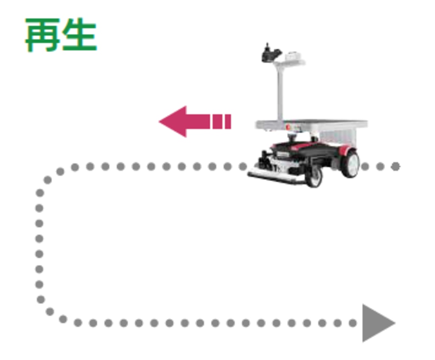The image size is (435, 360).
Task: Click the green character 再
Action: pyautogui.click(x=42, y=35)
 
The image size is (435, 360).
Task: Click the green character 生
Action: pyautogui.click(x=79, y=35)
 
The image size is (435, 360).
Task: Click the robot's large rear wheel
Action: pyautogui.click(x=350, y=163)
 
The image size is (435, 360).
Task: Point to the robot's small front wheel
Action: pyautogui.click(x=314, y=177)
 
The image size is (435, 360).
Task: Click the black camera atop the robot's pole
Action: pyautogui.click(x=270, y=53)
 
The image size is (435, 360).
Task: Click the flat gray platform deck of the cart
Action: pyautogui.click(x=311, y=124)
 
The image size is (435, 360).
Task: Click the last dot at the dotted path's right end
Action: pyautogui.click(x=395, y=166)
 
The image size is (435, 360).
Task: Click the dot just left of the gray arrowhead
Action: pyautogui.click(x=353, y=323)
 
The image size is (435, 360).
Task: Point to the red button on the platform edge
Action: pyautogui.click(x=288, y=127)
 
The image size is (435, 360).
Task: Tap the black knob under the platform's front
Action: pyautogui.click(x=292, y=136)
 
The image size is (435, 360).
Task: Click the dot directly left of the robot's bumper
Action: pyautogui.click(x=243, y=166)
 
